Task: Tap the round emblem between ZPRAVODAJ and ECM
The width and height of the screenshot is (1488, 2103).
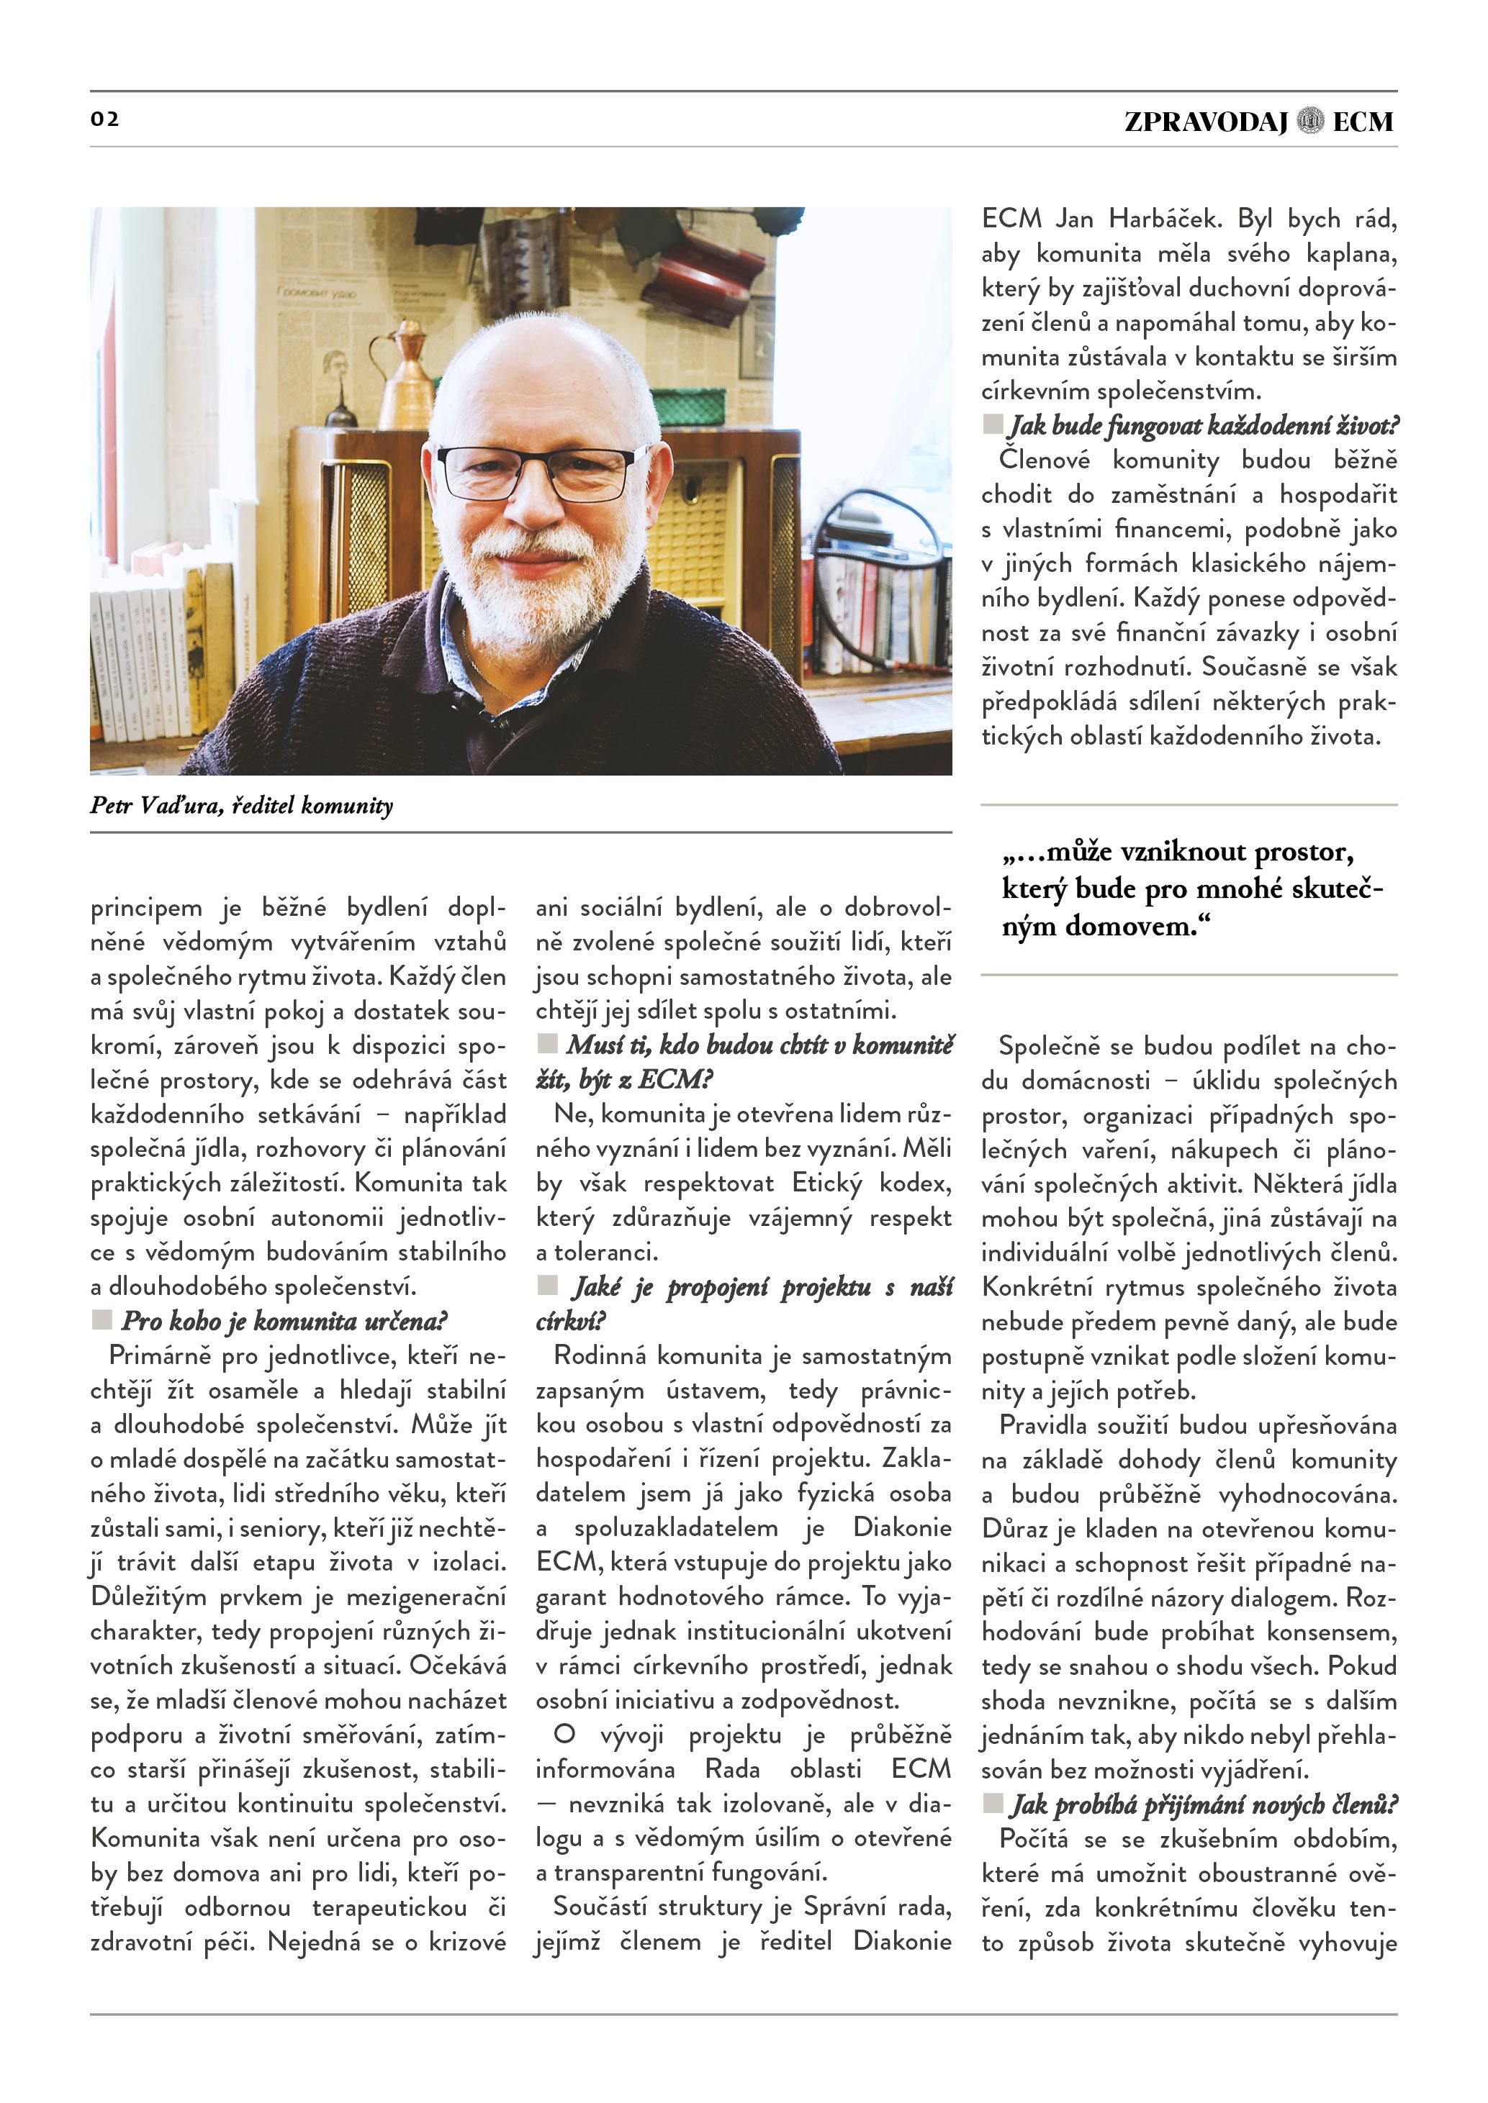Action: [1311, 121]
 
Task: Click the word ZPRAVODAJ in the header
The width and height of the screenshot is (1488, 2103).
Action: [1206, 121]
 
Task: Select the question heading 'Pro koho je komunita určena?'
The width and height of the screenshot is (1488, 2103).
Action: [284, 1321]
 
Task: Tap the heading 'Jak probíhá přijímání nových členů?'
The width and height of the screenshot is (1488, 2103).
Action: [1204, 1804]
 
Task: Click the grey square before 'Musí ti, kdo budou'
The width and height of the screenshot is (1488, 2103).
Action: [547, 1043]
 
